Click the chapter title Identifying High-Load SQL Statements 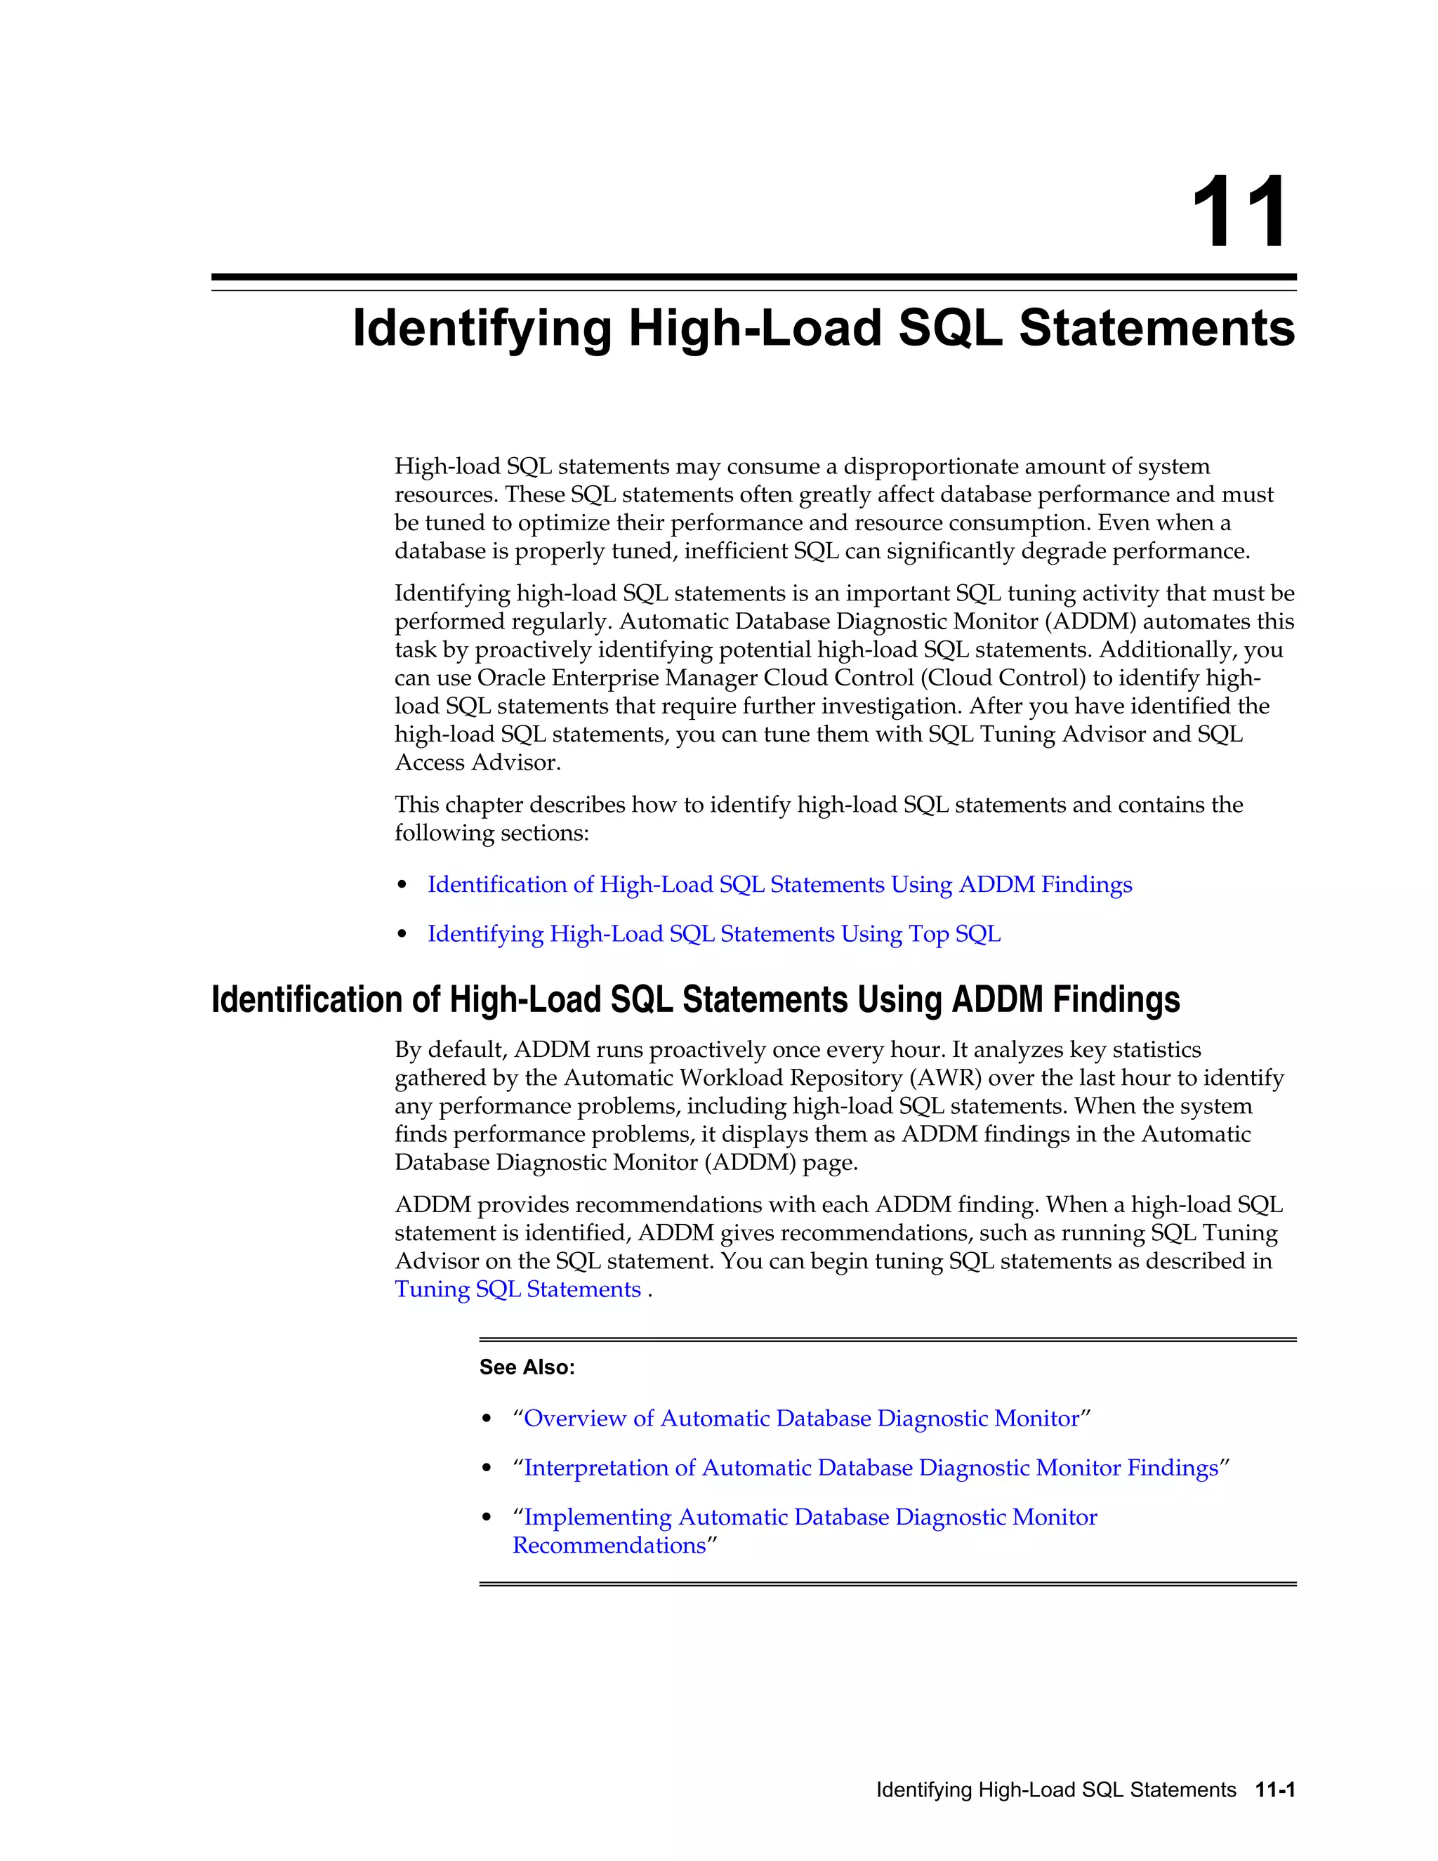(x=823, y=329)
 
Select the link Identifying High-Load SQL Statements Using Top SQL (x=714, y=934)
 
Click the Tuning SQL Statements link (x=518, y=1289)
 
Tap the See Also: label (x=527, y=1367)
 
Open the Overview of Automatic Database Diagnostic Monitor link (x=800, y=1418)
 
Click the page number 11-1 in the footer (x=1274, y=1789)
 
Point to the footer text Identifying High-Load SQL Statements (x=1055, y=1789)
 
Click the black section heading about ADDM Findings (x=695, y=1000)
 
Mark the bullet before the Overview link (x=487, y=1419)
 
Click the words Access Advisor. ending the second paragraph (x=478, y=763)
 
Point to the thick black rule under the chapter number (x=753, y=277)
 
